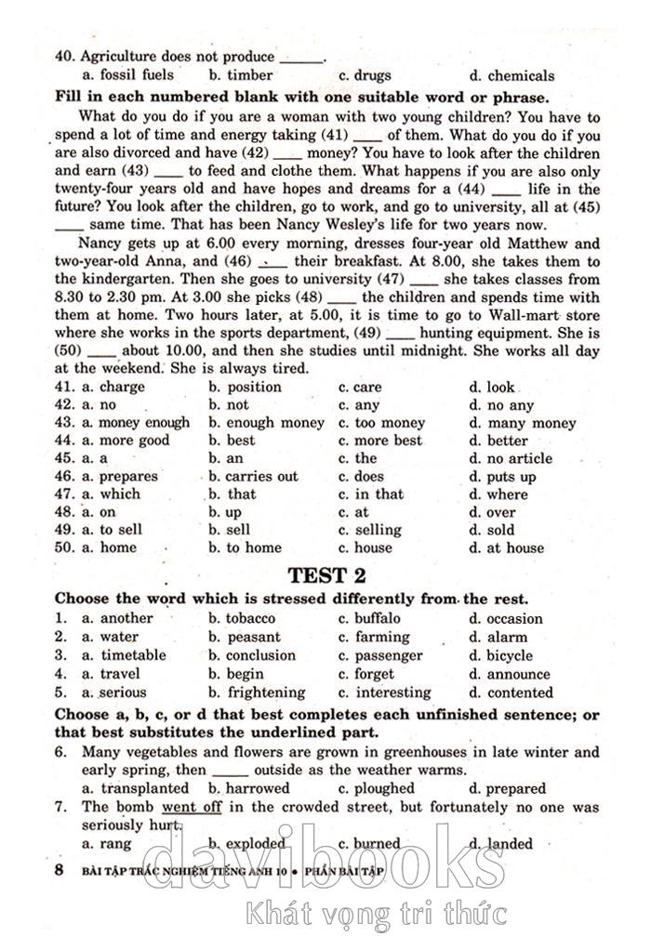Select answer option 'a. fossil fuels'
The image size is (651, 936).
tap(127, 75)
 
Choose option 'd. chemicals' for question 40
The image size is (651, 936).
tap(511, 75)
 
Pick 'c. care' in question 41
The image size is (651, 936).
tap(360, 387)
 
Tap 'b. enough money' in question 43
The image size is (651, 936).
tap(266, 423)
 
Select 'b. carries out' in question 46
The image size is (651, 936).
tap(253, 476)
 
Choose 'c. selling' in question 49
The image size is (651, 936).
tap(370, 530)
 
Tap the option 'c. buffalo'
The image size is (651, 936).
tap(369, 618)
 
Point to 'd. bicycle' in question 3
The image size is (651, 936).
tap(500, 655)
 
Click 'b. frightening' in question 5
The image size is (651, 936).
tap(257, 692)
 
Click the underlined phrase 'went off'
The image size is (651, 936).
tap(192, 807)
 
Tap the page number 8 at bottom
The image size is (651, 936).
tap(60, 870)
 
